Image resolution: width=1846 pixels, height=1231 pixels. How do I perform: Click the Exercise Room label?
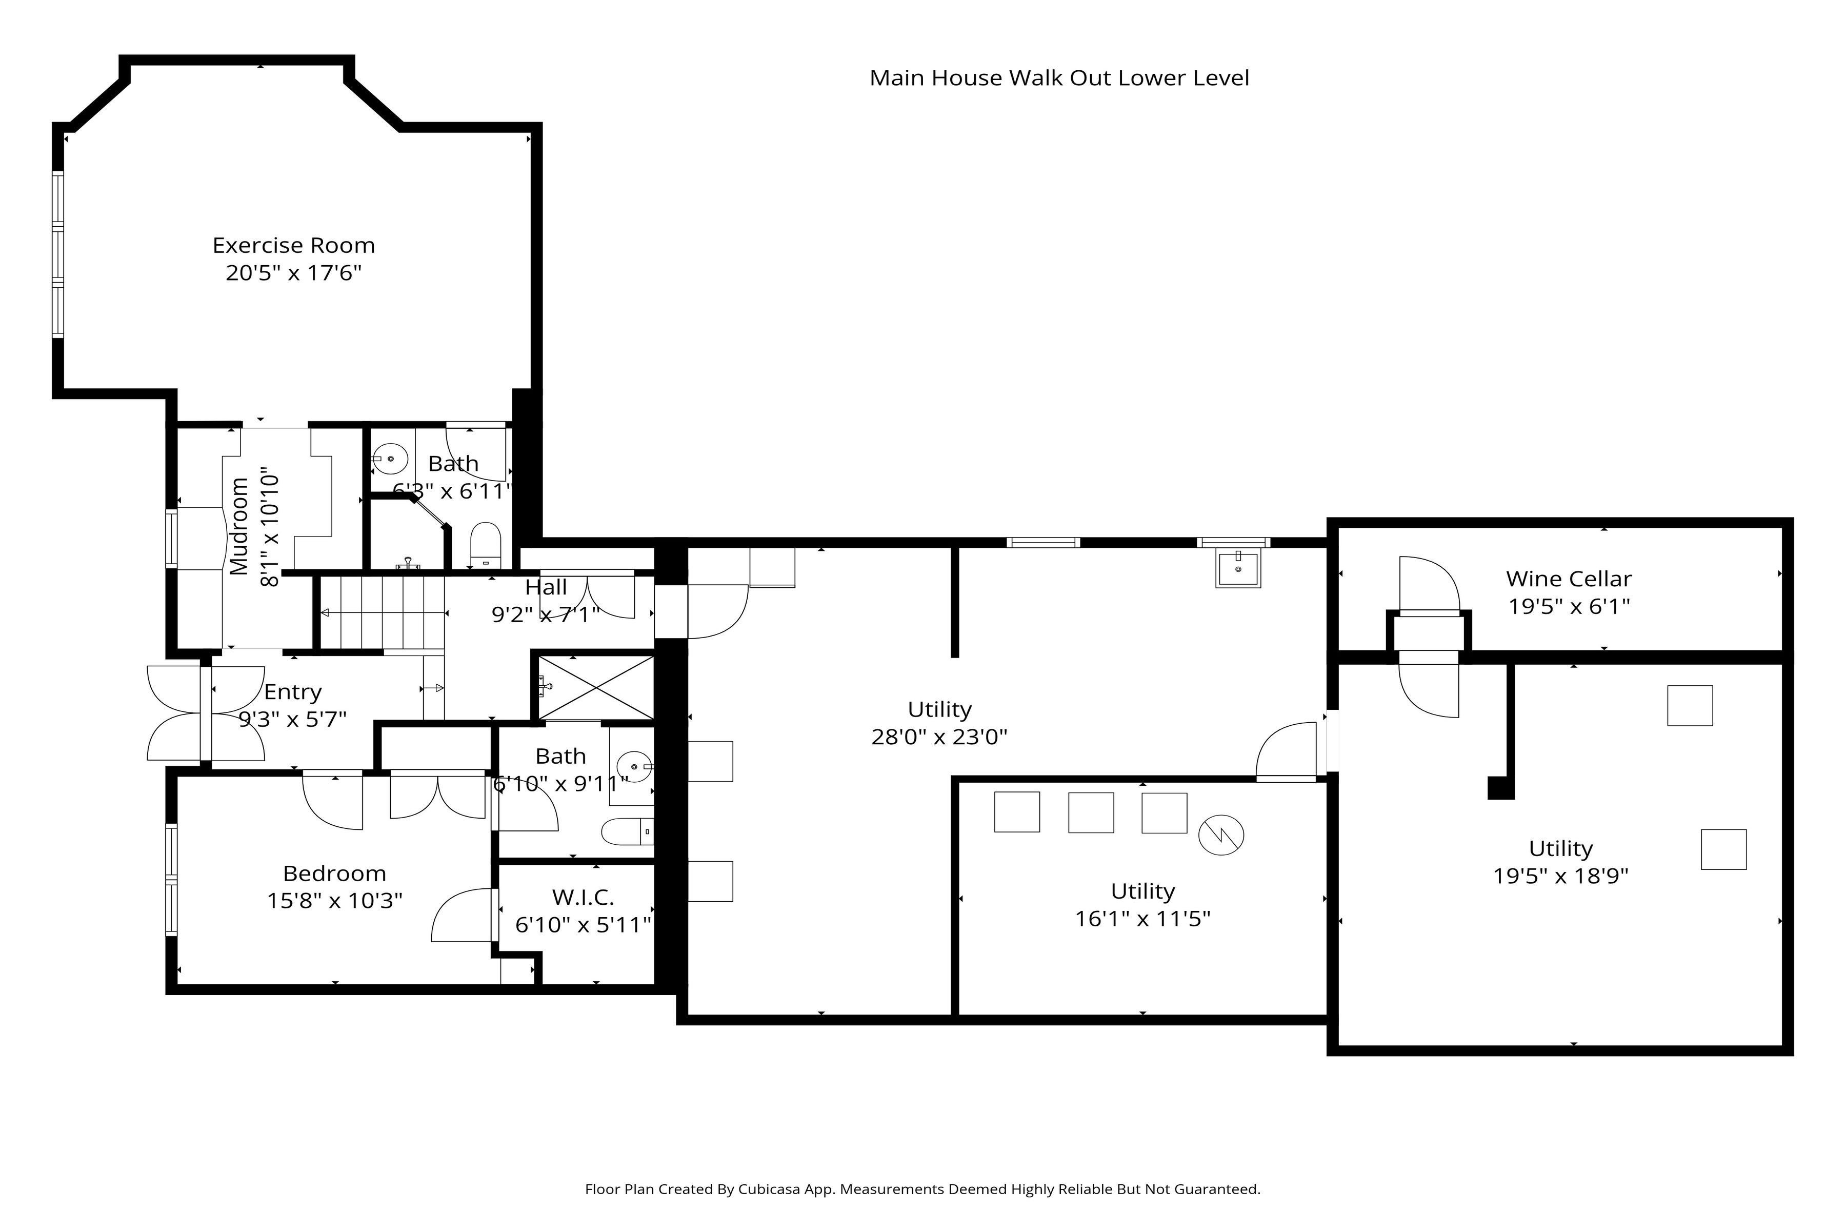pos(293,246)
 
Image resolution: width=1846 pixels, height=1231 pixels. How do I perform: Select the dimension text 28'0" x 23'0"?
pos(939,737)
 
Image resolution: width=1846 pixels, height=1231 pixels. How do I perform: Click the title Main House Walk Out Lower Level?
pos(1059,78)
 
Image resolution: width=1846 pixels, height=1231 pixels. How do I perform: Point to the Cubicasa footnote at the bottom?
pos(922,1189)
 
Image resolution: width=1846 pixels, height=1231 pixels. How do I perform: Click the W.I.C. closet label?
pos(583,897)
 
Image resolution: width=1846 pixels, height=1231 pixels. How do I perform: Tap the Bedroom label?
pos(334,874)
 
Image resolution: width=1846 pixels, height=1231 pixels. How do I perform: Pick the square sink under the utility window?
pos(1238,568)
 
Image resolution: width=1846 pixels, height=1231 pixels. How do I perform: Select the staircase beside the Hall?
pos(382,612)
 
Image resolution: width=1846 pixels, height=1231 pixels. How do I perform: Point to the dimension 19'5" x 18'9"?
pos(1560,876)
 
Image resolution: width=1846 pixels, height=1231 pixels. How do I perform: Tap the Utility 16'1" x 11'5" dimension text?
pos(1143,919)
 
